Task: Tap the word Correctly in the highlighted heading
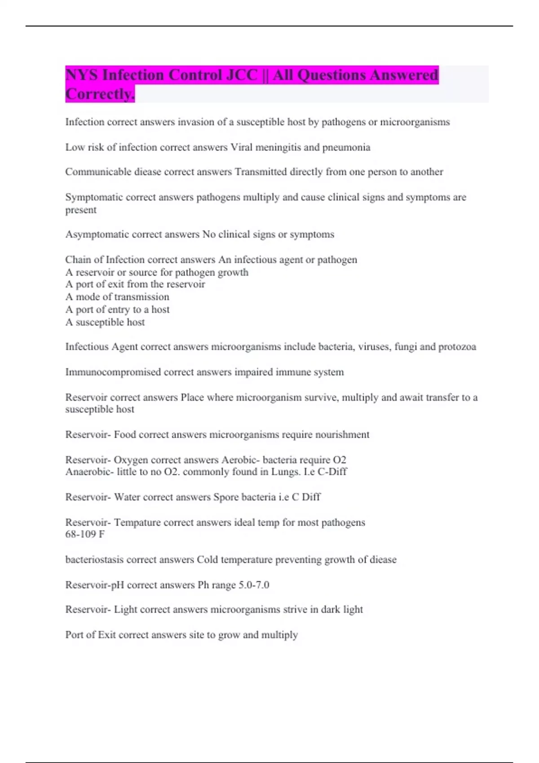[100, 94]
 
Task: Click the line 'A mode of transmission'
[117, 297]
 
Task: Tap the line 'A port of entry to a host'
[117, 310]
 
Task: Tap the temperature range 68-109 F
[85, 534]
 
